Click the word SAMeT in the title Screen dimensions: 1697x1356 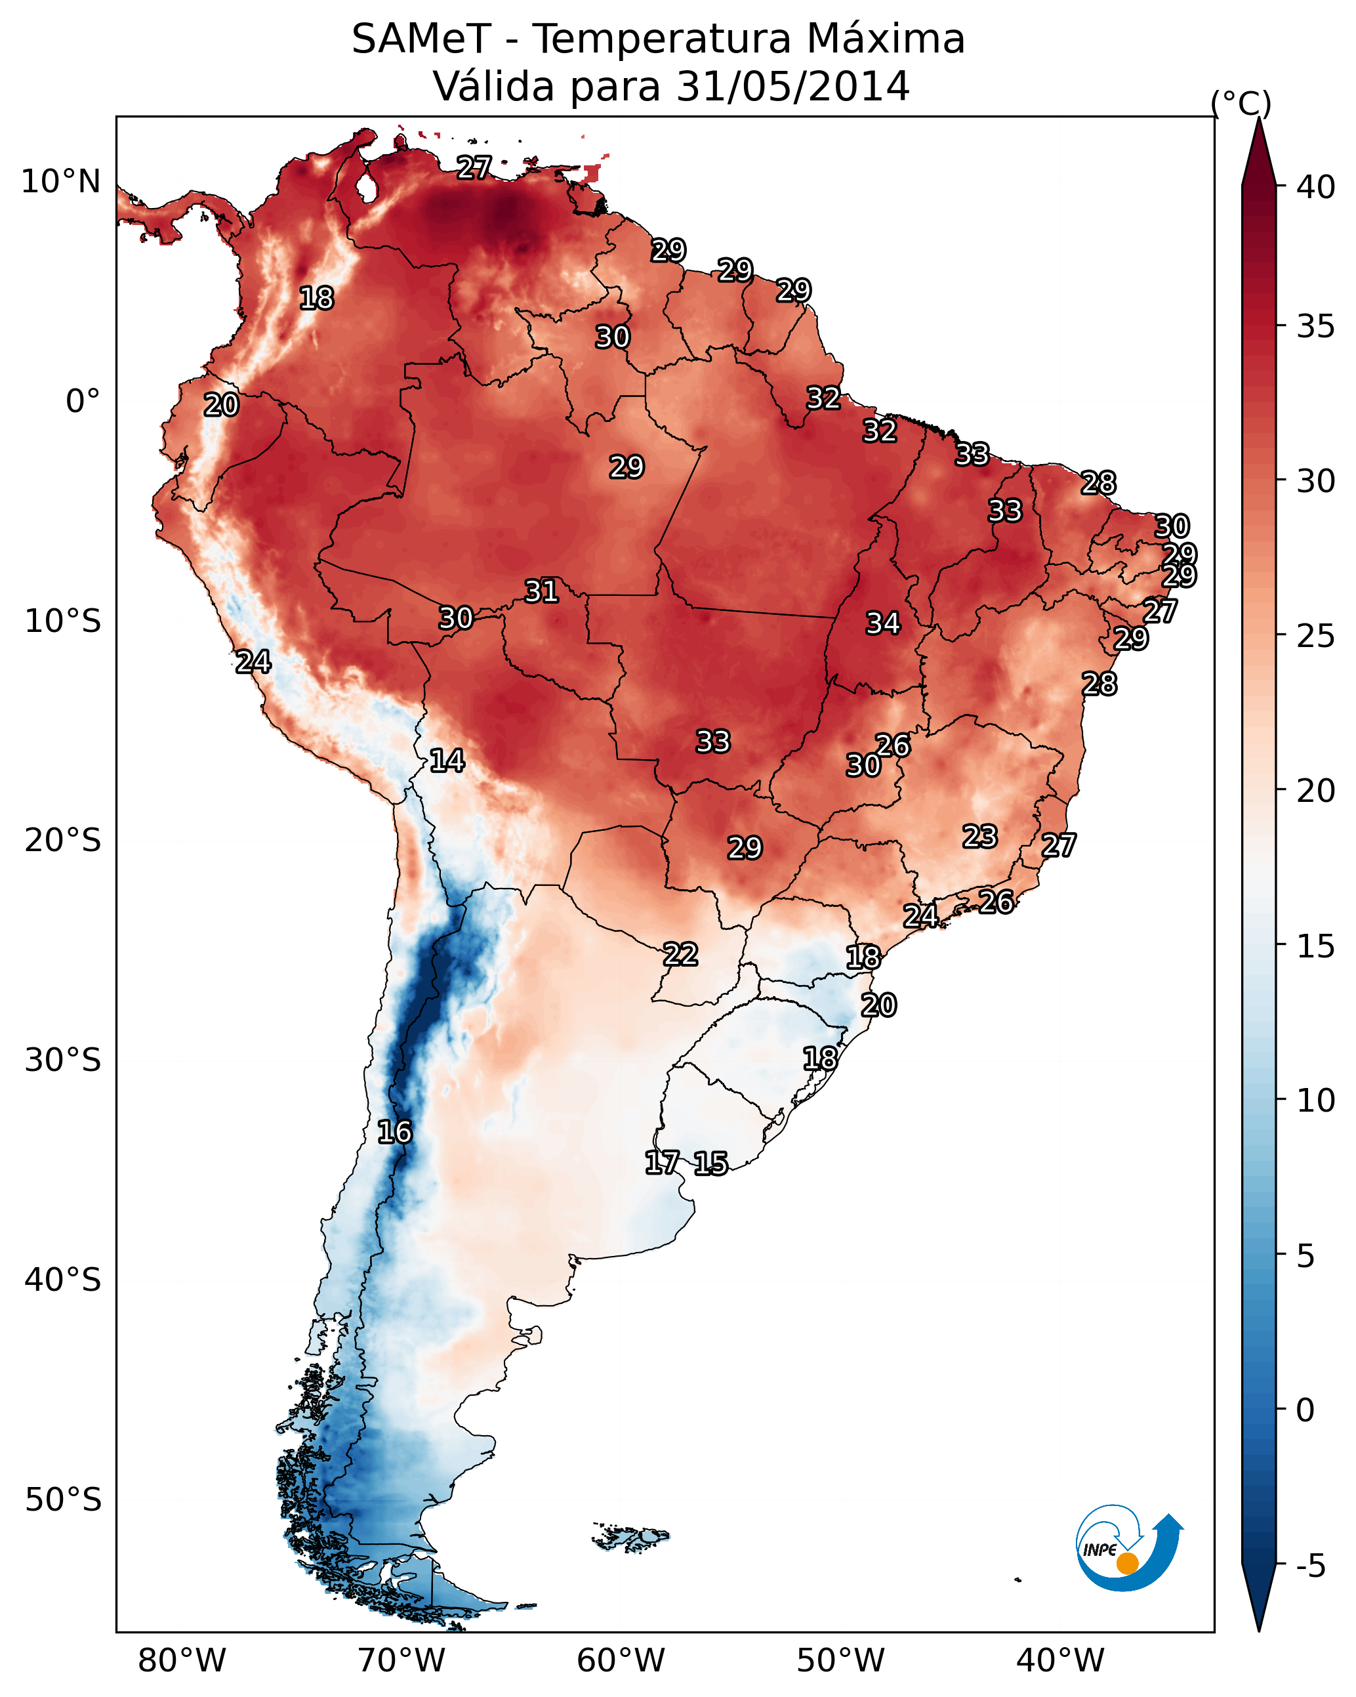[x=421, y=39]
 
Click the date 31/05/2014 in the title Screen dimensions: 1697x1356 [x=792, y=87]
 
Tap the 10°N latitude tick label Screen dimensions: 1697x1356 [x=60, y=182]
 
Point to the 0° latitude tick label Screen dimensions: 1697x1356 [x=83, y=402]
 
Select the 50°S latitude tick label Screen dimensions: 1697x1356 [x=62, y=1499]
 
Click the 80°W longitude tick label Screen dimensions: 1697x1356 [x=182, y=1660]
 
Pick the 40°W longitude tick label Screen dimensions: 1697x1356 [x=1060, y=1660]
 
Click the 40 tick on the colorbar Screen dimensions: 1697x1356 [x=1316, y=187]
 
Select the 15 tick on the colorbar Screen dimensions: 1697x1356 [x=1316, y=946]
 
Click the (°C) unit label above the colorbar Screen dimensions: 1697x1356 [x=1241, y=103]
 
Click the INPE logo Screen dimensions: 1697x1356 [x=1127, y=1547]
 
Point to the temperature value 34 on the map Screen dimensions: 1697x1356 [x=883, y=623]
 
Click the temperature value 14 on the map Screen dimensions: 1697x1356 [x=447, y=761]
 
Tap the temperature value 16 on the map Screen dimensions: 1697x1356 [x=394, y=1132]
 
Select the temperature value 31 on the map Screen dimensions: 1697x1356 [x=541, y=591]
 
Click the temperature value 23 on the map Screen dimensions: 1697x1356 [x=980, y=836]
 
